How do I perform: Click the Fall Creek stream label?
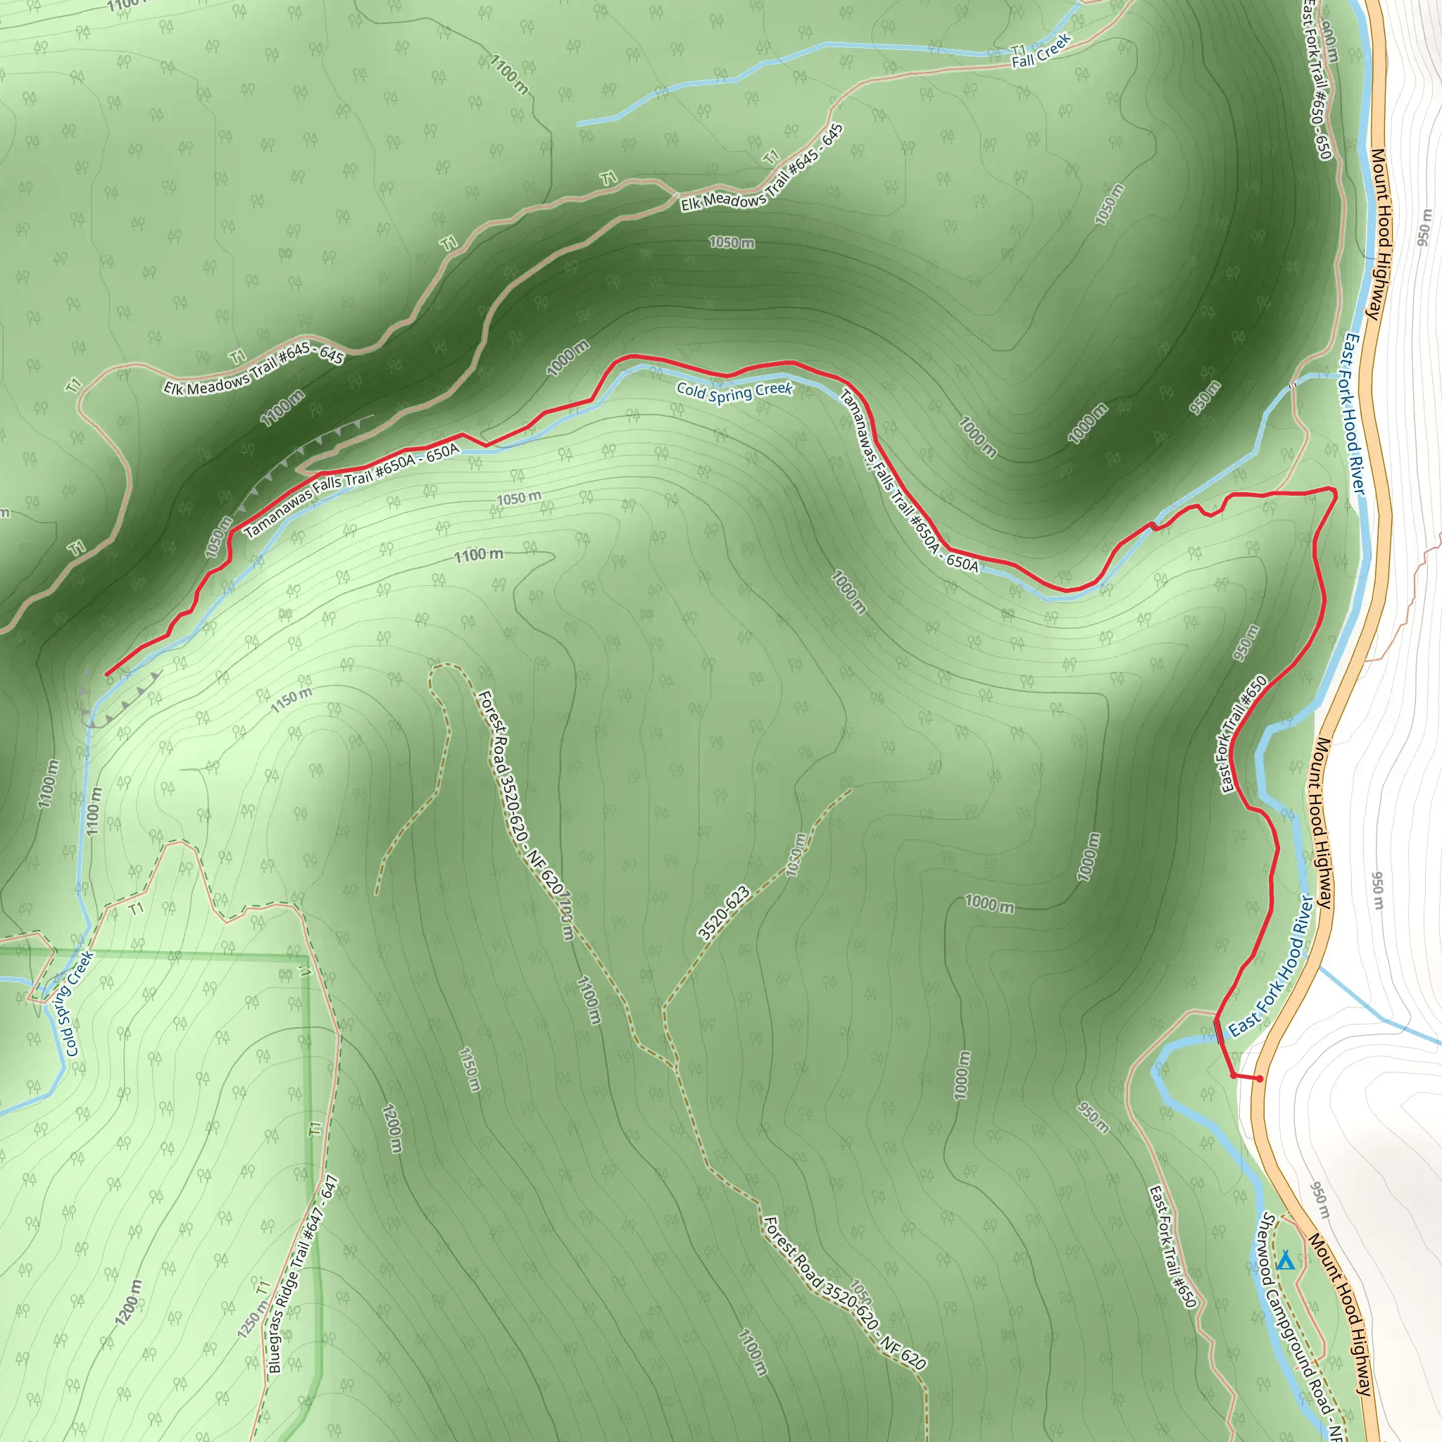click(1041, 51)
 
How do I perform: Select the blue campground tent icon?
click(1284, 1261)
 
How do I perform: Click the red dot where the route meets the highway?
click(1260, 1079)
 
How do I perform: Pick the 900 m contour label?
click(1329, 41)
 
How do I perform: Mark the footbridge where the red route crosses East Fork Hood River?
click(1219, 1033)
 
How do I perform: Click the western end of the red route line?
click(108, 674)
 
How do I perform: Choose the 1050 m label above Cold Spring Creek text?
click(732, 243)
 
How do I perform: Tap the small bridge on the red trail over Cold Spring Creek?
click(1155, 525)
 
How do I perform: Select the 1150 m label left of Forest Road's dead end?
click(291, 700)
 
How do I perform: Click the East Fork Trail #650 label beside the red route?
click(1243, 734)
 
